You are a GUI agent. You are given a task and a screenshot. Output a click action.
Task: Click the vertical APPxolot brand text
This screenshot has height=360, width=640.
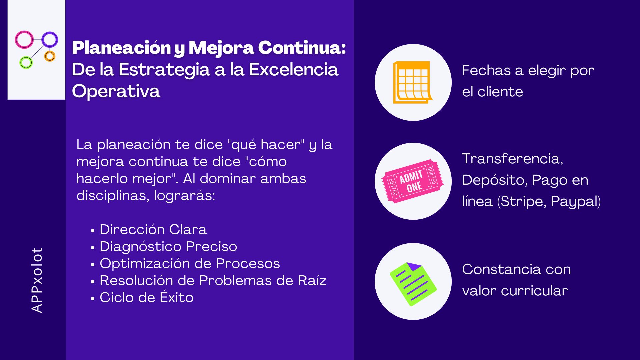[37, 280]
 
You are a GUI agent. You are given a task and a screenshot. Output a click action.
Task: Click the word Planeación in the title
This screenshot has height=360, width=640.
[121, 48]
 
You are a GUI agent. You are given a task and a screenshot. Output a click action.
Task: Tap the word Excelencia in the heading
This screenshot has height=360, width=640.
[294, 69]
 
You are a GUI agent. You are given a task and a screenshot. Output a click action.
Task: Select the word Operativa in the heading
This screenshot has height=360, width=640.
[116, 91]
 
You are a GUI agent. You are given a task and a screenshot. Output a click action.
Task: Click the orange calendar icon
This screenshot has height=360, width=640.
[413, 82]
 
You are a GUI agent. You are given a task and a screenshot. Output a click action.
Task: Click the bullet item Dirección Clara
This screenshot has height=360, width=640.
[153, 229]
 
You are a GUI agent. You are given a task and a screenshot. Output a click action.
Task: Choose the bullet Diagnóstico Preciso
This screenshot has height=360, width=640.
[168, 247]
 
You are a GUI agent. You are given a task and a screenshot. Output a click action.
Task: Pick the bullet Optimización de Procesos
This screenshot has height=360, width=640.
[190, 264]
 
